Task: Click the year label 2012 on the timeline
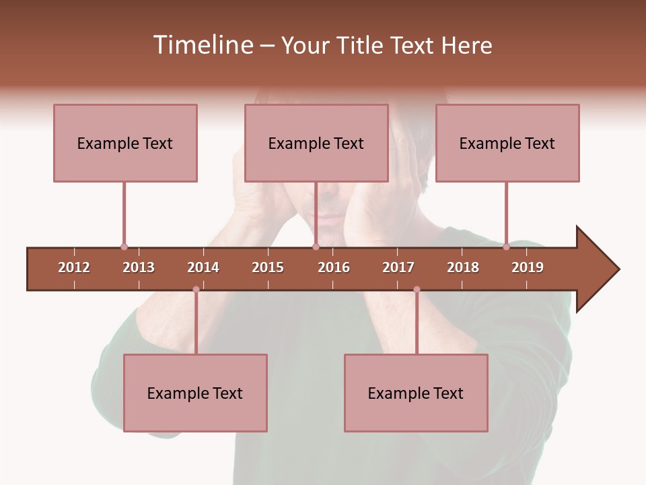click(74, 267)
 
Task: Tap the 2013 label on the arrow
click(139, 267)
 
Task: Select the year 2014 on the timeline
click(203, 267)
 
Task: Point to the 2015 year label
click(268, 267)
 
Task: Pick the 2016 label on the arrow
click(334, 267)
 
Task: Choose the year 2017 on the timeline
click(398, 267)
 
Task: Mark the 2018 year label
click(463, 267)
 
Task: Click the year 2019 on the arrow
click(528, 267)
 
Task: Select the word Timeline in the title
click(202, 45)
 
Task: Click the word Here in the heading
click(466, 45)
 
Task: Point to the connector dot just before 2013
click(124, 247)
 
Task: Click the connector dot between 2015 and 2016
click(316, 247)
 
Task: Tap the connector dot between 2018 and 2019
click(506, 247)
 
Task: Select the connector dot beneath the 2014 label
click(196, 290)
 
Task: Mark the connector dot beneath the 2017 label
click(417, 290)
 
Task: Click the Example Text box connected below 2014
click(195, 393)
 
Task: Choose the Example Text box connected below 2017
click(416, 393)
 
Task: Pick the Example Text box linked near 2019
click(507, 143)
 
